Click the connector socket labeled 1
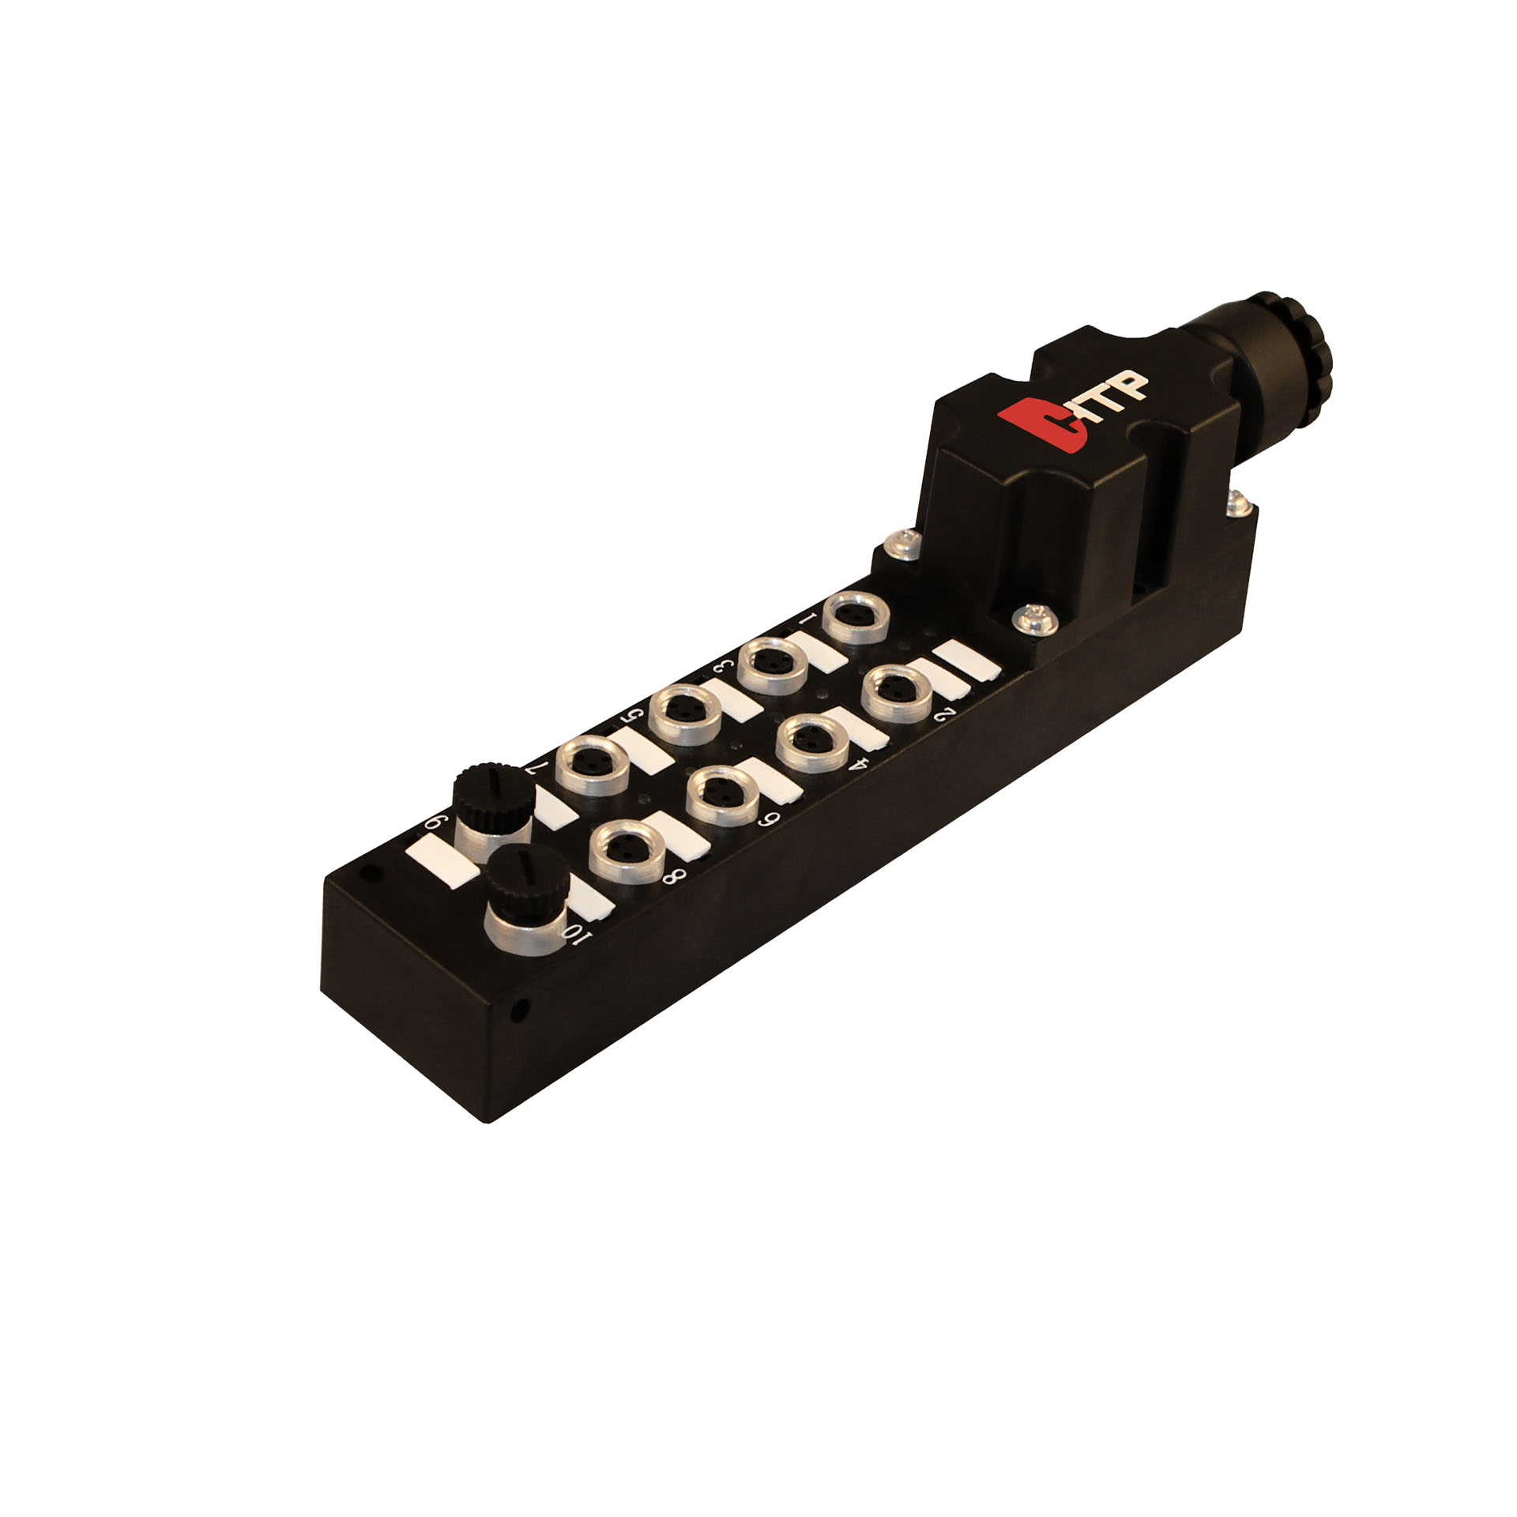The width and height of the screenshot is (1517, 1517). click(853, 619)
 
